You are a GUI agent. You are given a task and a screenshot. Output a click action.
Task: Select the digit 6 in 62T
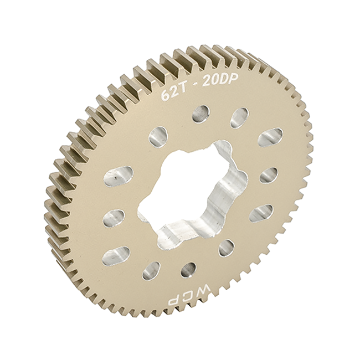pos(165,95)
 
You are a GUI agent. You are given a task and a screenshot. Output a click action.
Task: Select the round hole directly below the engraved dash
pos(200,114)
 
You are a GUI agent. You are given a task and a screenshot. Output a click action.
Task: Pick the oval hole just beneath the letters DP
pos(239,117)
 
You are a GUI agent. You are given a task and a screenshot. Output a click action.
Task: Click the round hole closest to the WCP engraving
pos(189,270)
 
